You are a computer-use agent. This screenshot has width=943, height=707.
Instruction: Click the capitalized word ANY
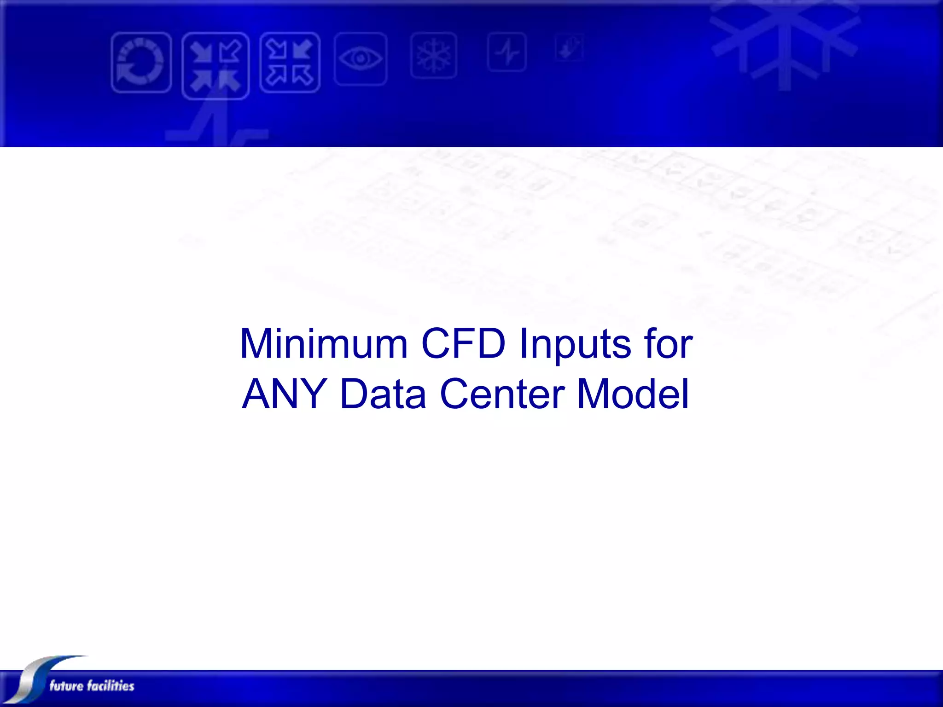[285, 394]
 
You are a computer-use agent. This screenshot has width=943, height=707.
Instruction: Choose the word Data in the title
[383, 394]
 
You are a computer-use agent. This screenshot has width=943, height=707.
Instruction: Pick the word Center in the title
[502, 394]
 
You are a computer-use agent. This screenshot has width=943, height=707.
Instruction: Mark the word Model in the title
[633, 394]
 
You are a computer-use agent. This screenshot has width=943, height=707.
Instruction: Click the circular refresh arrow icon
[141, 63]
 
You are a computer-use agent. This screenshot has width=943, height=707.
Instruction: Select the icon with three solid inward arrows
[215, 66]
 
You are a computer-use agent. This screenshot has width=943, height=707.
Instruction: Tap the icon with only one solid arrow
[290, 63]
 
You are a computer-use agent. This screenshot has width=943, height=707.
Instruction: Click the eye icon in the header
[361, 59]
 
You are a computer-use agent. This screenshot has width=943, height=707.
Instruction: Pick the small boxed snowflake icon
[434, 55]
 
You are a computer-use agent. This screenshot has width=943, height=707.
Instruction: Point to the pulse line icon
[507, 52]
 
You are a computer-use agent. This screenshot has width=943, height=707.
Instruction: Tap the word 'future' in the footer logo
[66, 686]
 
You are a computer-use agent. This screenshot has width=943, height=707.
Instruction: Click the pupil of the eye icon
[361, 58]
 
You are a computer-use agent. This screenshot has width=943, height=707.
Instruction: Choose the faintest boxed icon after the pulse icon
[570, 47]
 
